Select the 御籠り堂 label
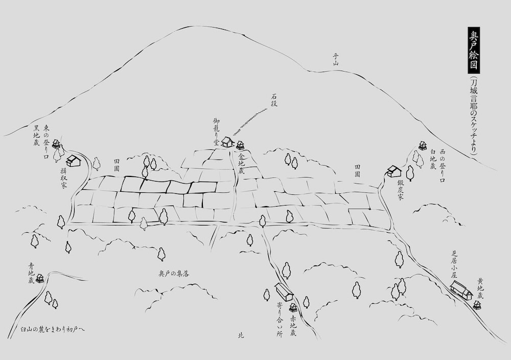217,132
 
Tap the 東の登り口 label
47,137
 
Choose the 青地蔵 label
31,274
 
